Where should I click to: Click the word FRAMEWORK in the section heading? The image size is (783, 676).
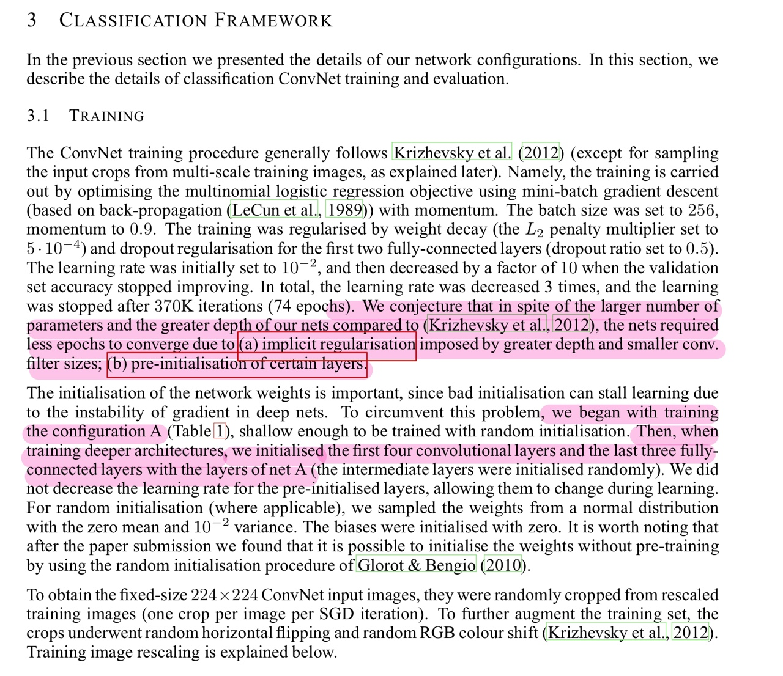[273, 20]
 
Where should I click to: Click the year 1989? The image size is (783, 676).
[344, 210]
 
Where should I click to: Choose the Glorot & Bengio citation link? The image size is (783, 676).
[417, 565]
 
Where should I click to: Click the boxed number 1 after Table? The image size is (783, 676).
[220, 432]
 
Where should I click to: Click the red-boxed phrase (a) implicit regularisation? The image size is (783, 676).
[327, 345]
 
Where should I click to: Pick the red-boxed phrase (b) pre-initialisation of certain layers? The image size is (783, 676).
[237, 364]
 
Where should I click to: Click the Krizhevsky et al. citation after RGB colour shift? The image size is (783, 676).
[606, 633]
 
